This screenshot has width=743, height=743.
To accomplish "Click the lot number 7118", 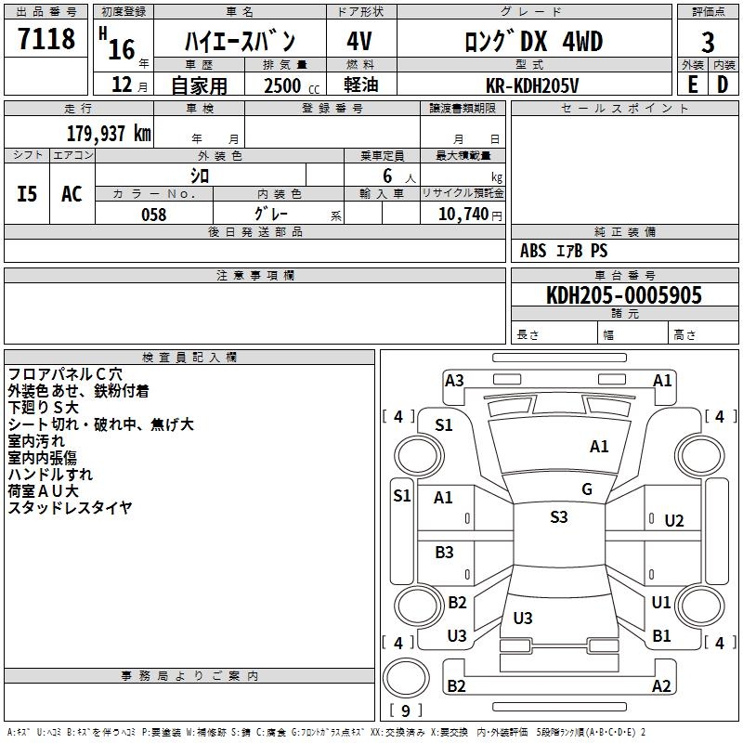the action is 46,39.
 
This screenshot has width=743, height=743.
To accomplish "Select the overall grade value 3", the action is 708,43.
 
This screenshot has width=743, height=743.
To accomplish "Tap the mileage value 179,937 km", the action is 108,133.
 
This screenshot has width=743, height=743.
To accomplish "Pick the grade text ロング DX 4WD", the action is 534,41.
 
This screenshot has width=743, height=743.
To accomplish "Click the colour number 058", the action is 153,214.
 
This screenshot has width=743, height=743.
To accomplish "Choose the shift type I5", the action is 27,193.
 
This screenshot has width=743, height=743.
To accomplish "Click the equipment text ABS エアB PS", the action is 564,251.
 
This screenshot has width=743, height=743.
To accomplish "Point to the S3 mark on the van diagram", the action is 558,517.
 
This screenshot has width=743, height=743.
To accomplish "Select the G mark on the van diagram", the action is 587,489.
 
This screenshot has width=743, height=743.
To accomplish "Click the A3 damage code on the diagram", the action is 454,380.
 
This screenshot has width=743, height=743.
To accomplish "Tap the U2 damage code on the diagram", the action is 674,521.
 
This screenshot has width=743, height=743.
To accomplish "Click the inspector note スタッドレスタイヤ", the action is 70,507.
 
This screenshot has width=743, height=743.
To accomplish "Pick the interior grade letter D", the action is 722,85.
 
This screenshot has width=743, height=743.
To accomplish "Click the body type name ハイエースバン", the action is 240,42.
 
